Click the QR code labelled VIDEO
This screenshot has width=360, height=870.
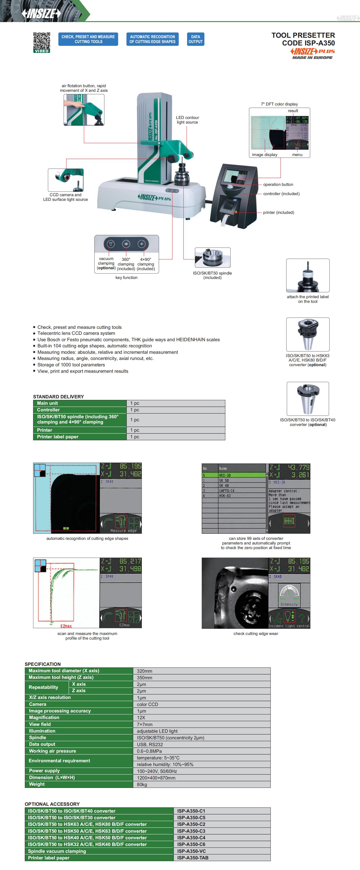41,42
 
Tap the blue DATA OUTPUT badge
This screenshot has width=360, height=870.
195,39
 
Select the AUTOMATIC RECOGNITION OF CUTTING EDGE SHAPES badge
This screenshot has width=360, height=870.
152,39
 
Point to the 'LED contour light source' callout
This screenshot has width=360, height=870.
187,120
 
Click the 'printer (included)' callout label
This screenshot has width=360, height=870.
278,213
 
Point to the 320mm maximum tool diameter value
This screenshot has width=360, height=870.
144,671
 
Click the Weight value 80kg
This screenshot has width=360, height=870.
142,785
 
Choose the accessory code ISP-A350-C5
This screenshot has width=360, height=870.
191,818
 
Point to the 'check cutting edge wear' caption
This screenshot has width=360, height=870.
256,634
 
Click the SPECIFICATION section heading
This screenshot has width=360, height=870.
43,664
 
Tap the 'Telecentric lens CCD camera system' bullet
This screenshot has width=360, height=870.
76,333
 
